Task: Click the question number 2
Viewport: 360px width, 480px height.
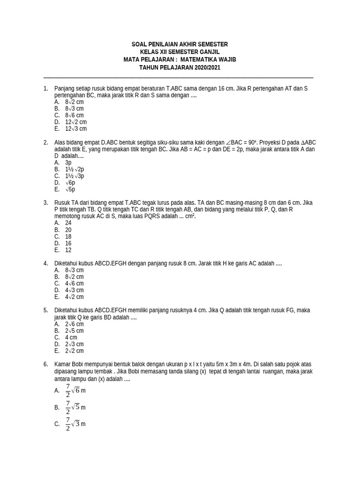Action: coord(45,142)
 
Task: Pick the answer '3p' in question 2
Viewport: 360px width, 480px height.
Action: coord(68,163)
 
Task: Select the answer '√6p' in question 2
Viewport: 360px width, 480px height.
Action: coord(70,183)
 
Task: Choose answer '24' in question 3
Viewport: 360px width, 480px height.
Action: coord(68,223)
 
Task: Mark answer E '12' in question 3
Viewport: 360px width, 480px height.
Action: coord(68,250)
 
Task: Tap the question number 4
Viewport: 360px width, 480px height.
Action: coord(45,263)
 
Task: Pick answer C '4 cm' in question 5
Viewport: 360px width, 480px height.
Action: coord(71,337)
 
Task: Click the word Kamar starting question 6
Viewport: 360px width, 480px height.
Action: coord(63,364)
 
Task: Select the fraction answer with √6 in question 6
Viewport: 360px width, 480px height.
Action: coord(75,390)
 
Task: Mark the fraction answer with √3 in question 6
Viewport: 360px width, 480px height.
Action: coord(75,424)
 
